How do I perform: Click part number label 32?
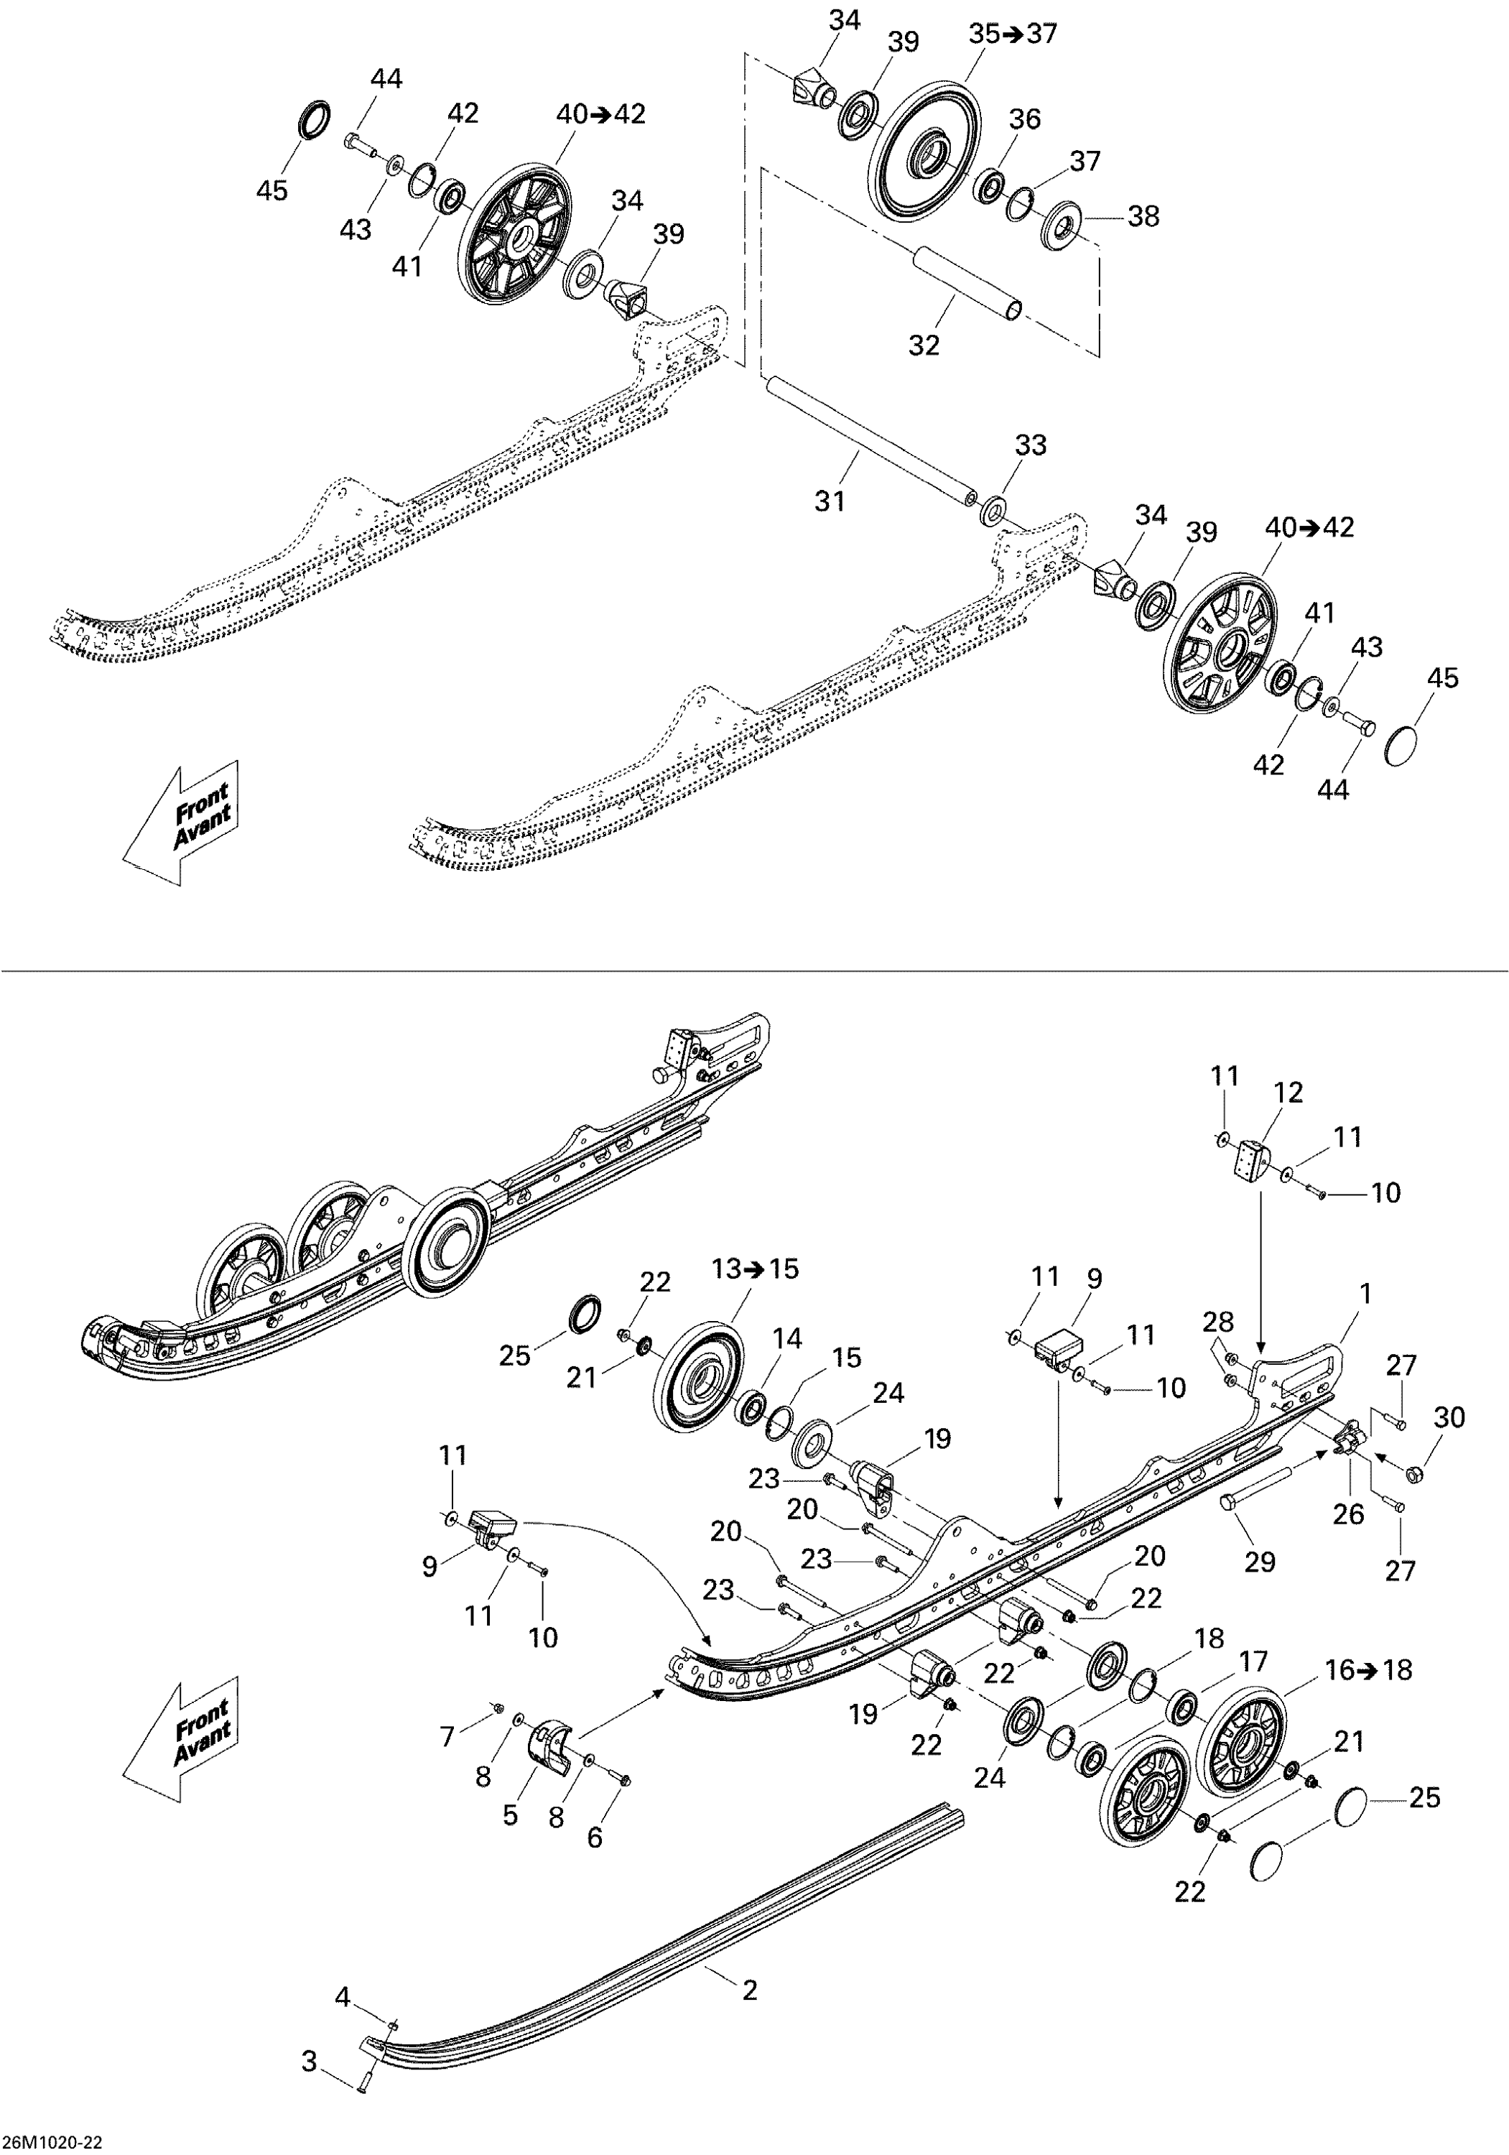click(924, 346)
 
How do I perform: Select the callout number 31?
click(830, 501)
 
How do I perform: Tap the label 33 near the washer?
click(1031, 445)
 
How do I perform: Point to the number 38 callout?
click(1143, 217)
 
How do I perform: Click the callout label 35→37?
click(1013, 34)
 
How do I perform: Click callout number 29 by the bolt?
click(1259, 1562)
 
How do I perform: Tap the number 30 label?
click(1449, 1417)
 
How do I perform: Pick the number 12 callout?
click(1289, 1093)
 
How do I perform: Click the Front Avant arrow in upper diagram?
click(184, 821)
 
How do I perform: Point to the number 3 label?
click(309, 2087)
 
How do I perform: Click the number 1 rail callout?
click(1365, 1294)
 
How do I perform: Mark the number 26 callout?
click(1349, 1514)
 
